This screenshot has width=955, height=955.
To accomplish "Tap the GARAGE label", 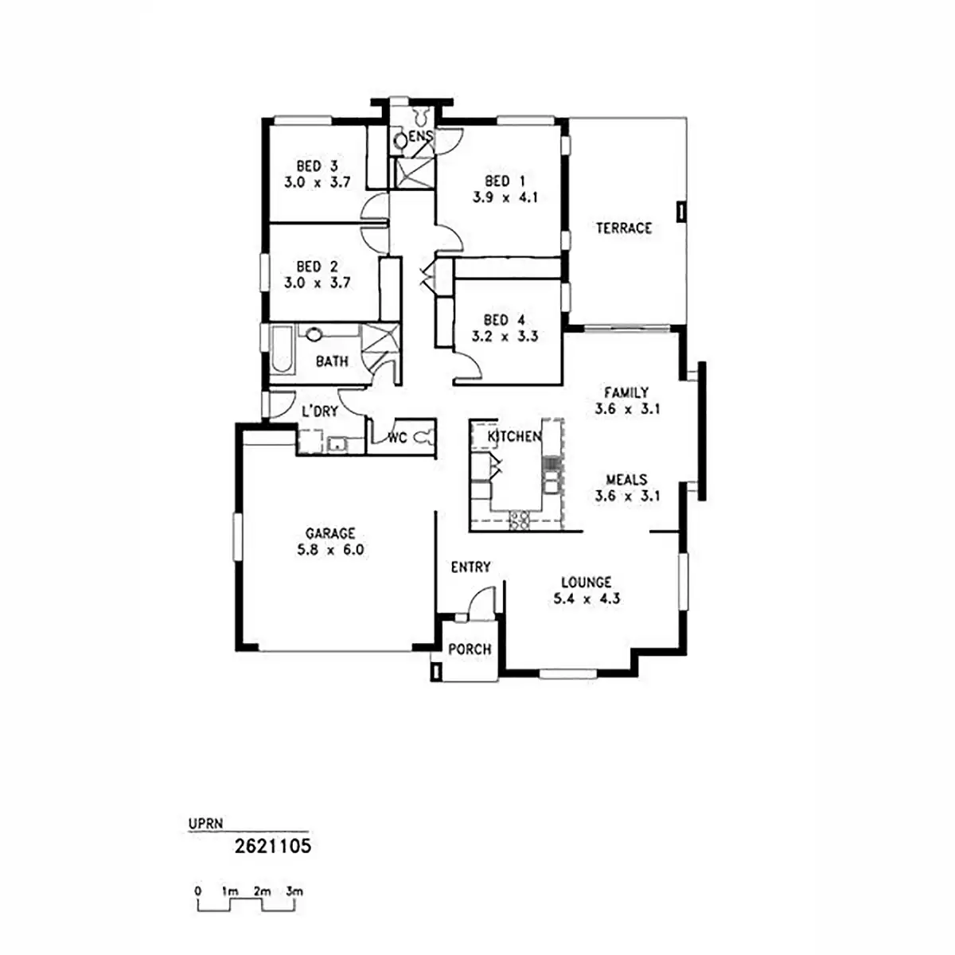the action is tap(330, 533).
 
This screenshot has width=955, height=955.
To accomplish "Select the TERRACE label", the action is tap(624, 228).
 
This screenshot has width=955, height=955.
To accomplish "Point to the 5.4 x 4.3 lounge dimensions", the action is tap(587, 598).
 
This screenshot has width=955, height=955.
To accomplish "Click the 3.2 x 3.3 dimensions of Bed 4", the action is tap(505, 336).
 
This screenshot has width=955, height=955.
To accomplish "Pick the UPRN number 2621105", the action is tap(272, 845).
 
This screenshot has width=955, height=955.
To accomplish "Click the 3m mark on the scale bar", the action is tap(294, 891).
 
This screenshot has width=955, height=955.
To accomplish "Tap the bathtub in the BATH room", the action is tap(281, 350).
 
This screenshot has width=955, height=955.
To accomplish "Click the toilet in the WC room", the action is tap(424, 437).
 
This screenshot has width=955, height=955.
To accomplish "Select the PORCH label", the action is tap(470, 649).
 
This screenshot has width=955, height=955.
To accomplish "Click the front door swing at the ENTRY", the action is tap(480, 601).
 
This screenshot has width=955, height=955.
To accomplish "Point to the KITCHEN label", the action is tap(514, 436).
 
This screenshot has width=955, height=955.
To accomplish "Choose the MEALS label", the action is tap(626, 480).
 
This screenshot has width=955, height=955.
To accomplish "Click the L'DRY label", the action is tap(319, 411).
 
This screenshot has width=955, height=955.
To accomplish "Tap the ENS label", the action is tap(420, 137).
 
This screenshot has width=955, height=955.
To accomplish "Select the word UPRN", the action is tap(205, 824).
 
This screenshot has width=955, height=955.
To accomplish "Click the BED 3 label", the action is tap(317, 166).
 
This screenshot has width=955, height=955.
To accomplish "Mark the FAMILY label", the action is tap(626, 392).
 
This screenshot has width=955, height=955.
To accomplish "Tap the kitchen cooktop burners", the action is tap(519, 521).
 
